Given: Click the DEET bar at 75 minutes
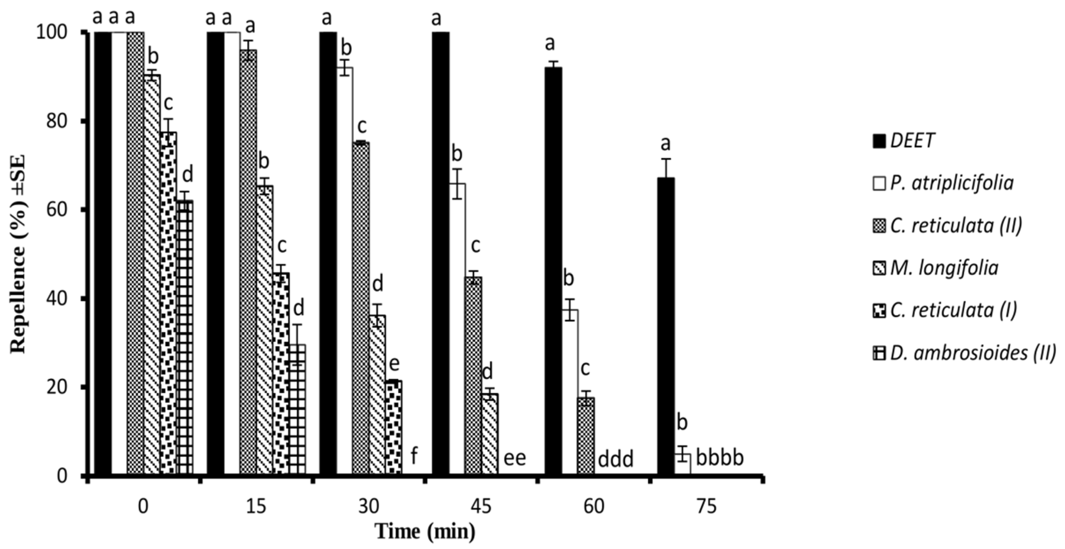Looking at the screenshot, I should tap(666, 327).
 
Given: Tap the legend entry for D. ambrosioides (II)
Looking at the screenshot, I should tap(964, 353).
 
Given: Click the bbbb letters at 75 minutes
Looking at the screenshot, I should tap(720, 458).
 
